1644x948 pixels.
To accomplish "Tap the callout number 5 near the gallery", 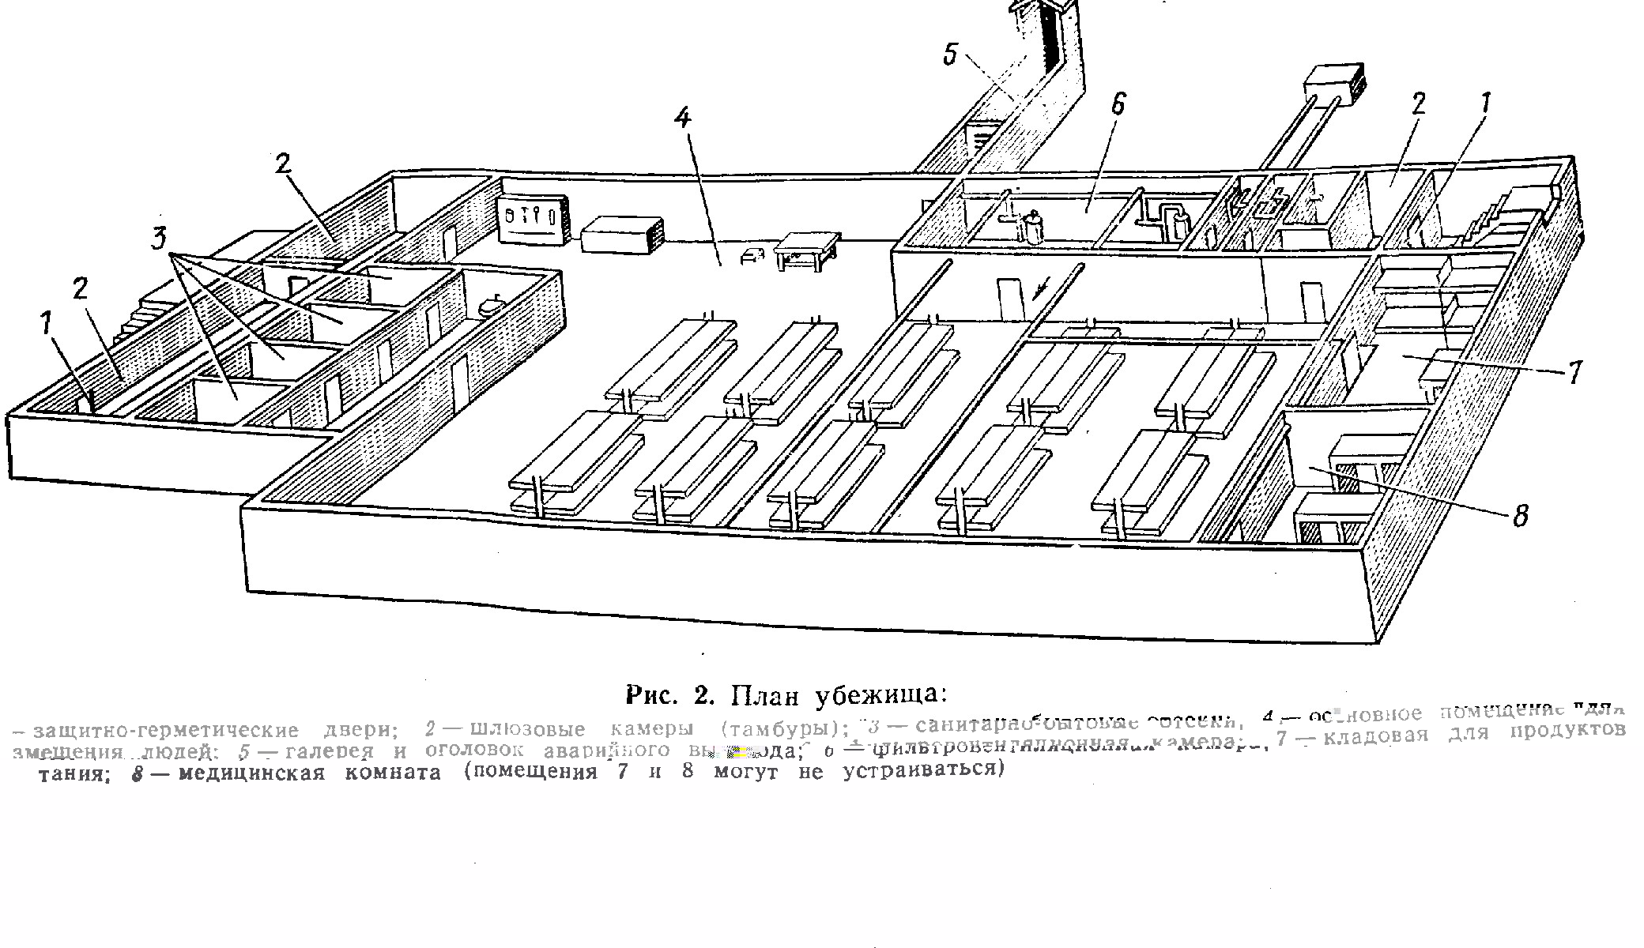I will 951,55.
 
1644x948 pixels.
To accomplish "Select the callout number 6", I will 1117,104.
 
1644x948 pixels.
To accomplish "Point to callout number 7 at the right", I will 1574,371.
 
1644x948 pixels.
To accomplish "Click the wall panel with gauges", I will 532,219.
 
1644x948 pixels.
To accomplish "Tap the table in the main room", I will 806,251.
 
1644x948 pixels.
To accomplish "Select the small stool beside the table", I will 751,254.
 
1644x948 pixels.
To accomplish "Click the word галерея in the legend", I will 329,750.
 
